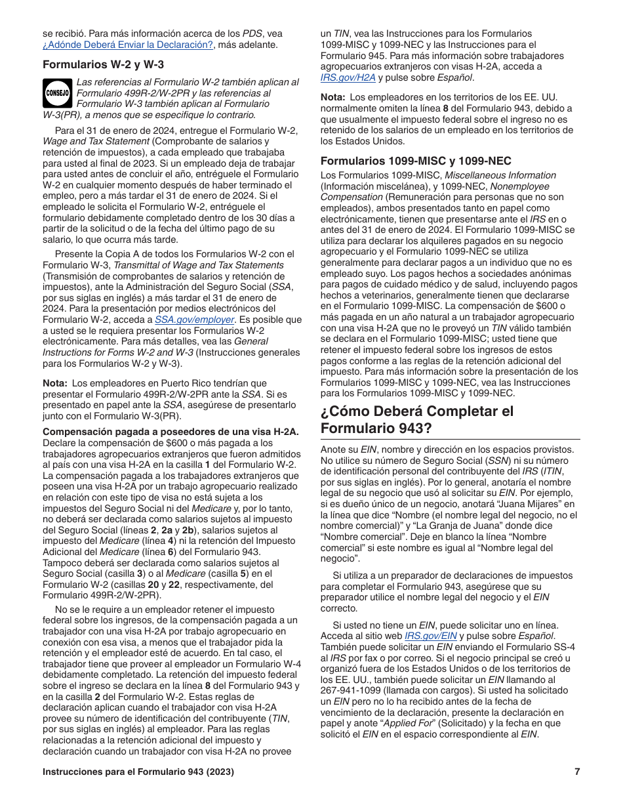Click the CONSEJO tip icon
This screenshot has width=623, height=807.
click(57, 93)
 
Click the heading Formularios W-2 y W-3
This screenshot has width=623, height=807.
click(103, 64)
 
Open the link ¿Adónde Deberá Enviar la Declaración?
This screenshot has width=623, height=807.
click(128, 45)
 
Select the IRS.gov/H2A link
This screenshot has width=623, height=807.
click(348, 77)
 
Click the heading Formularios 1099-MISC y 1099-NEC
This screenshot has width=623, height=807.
click(416, 161)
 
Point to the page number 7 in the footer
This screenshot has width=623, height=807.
click(577, 772)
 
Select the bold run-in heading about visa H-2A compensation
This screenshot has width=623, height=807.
click(171, 431)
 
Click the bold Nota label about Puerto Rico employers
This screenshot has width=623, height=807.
click(55, 383)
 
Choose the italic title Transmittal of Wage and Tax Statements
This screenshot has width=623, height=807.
click(199, 264)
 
